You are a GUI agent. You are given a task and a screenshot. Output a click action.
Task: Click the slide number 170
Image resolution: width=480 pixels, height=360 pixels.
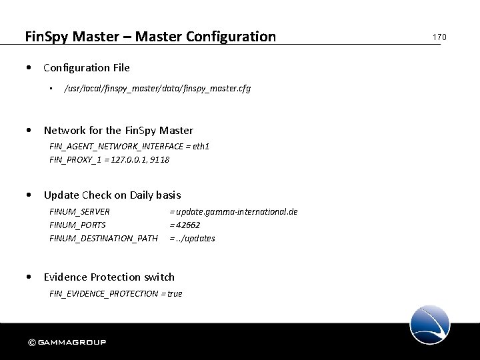[439, 37]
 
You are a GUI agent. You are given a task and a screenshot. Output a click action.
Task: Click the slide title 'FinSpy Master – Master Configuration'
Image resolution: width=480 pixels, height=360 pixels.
[150, 36]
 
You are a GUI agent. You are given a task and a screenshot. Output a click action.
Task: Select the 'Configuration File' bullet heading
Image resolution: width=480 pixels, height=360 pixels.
[87, 67]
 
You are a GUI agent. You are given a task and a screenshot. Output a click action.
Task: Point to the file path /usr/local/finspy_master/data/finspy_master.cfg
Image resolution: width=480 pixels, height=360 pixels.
[157, 89]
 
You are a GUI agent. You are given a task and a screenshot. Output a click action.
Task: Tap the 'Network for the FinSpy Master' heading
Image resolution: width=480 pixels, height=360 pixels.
[118, 130]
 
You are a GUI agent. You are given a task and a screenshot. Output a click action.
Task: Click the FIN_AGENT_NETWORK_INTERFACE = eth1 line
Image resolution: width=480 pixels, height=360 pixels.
[129, 146]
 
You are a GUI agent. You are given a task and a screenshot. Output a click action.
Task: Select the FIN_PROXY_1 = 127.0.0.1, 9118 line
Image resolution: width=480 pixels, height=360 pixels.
[109, 159]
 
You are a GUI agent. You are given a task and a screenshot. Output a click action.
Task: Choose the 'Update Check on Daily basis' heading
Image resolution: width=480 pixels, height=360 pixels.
[112, 195]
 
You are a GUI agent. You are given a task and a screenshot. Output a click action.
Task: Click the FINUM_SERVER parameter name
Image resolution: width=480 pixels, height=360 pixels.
[80, 211]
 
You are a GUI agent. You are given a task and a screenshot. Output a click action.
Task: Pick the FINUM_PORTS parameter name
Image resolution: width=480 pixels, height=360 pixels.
[77, 225]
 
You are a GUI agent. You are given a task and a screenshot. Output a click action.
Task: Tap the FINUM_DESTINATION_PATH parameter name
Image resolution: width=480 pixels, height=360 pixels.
[103, 238]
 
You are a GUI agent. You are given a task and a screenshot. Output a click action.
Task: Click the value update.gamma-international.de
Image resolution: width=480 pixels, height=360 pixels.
[234, 211]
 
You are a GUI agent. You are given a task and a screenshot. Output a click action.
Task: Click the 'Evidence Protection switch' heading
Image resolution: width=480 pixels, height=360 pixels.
[109, 277]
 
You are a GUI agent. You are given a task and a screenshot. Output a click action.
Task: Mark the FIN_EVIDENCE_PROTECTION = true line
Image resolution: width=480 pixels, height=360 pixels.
[115, 293]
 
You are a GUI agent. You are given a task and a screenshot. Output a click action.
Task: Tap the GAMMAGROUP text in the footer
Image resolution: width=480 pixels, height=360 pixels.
[72, 343]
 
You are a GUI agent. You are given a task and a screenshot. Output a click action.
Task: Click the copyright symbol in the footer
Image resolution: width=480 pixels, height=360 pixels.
[31, 343]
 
